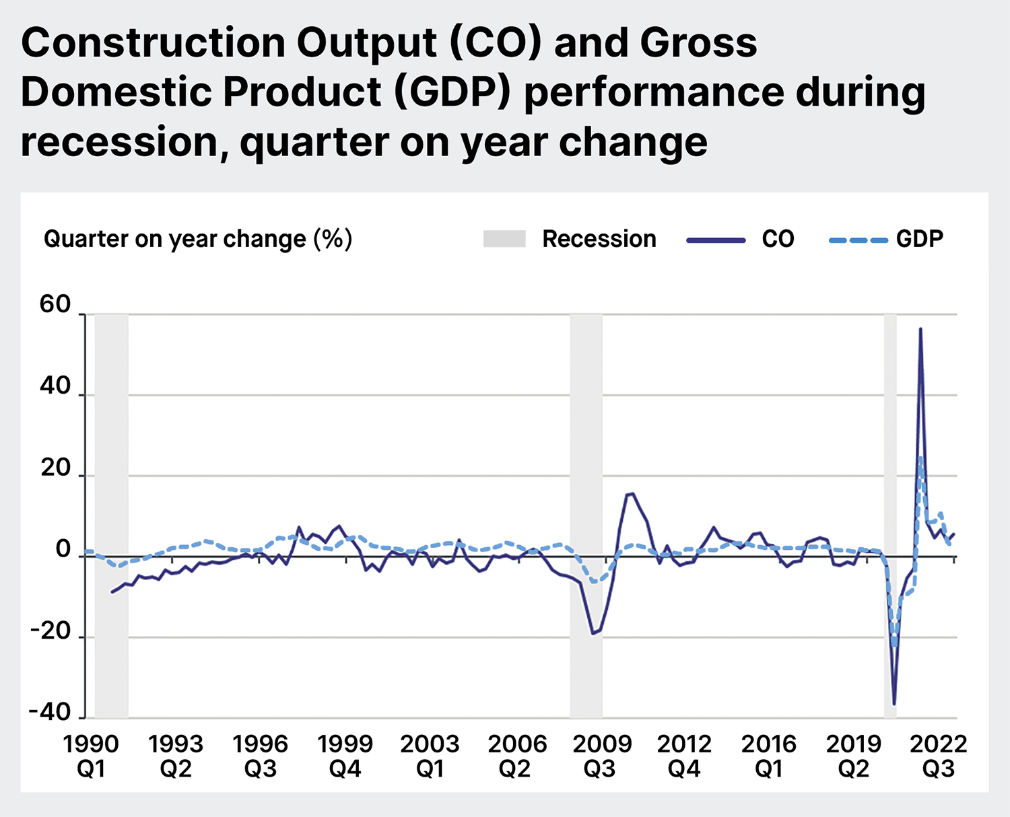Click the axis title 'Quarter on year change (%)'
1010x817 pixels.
[197, 239]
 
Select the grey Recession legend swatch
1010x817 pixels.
[504, 239]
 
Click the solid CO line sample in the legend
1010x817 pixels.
[716, 240]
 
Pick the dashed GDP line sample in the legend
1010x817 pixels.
[858, 240]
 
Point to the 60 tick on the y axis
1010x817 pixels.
[55, 304]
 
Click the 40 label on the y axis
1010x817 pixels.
[55, 386]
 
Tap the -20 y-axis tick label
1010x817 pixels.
[50, 631]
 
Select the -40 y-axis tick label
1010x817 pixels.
[50, 712]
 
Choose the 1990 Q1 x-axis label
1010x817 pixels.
[91, 756]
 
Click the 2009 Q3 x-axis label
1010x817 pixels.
[601, 756]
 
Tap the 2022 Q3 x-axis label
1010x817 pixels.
[938, 756]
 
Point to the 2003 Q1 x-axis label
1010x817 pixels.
[430, 756]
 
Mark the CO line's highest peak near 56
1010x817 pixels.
[920, 329]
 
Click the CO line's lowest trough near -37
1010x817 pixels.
[894, 704]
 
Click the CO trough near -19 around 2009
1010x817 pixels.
[593, 633]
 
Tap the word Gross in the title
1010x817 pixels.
[698, 43]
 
